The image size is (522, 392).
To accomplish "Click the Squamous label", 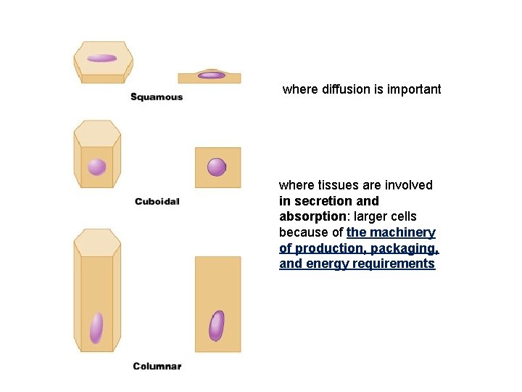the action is (x=156, y=97).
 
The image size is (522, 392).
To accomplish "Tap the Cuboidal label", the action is (x=157, y=201).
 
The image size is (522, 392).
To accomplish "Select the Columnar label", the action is (x=157, y=366).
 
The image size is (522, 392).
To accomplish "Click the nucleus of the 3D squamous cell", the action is (x=102, y=58).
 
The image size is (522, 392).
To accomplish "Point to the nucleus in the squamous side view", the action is (x=212, y=75).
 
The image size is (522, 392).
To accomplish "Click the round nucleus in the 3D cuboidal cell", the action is (x=96, y=167).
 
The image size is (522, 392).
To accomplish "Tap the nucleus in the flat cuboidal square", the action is (x=217, y=167).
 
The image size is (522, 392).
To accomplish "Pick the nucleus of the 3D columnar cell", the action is (x=96, y=327).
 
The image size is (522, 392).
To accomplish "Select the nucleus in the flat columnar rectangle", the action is (x=217, y=326).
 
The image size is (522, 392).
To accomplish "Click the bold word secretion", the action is (x=323, y=200).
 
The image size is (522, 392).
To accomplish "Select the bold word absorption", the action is (x=311, y=216).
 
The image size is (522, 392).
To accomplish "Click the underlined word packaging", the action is (x=407, y=248).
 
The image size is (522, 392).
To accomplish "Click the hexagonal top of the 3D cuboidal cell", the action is (x=97, y=134).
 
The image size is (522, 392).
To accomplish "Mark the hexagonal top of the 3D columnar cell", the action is (x=97, y=242).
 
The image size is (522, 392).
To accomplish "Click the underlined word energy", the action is (x=323, y=264).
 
